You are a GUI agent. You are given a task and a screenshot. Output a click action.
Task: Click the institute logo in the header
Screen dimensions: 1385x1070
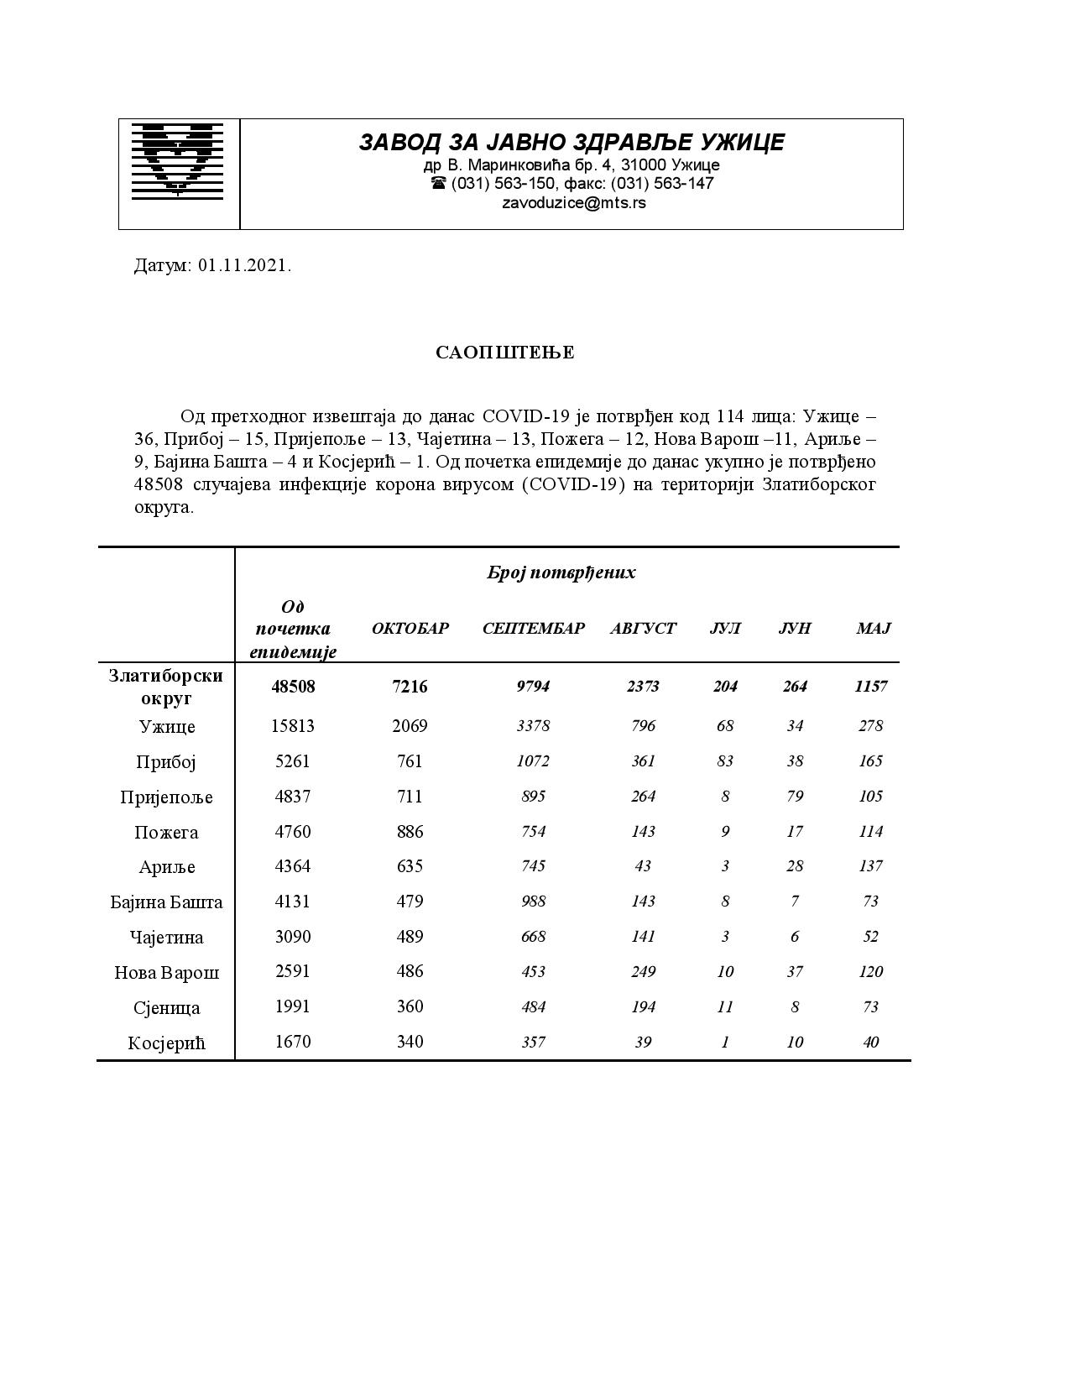(x=178, y=161)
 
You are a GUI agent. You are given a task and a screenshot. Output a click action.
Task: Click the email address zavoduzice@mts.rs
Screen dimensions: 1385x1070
(x=573, y=203)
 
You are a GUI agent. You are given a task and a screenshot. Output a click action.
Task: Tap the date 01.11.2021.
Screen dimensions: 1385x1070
(x=245, y=266)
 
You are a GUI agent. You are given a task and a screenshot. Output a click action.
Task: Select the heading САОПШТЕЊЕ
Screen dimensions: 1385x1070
(x=504, y=353)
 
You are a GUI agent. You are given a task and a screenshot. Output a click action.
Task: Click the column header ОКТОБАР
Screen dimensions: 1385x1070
(x=410, y=629)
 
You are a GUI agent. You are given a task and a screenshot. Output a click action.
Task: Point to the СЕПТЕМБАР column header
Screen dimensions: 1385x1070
(x=533, y=629)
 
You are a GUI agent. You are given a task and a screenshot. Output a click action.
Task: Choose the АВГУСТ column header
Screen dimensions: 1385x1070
(x=643, y=629)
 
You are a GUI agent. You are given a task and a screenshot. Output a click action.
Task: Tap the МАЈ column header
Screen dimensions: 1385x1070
(x=873, y=629)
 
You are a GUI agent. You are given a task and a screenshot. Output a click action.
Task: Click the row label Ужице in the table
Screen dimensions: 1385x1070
(x=167, y=727)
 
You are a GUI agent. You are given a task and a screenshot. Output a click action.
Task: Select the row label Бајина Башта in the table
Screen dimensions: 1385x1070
(x=167, y=902)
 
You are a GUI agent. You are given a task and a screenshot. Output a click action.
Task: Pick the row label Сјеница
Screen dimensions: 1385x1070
(x=167, y=1008)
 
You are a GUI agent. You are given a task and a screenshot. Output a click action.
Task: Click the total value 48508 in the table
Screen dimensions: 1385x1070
(x=293, y=687)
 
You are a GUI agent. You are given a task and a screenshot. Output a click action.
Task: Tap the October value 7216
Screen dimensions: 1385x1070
(x=410, y=687)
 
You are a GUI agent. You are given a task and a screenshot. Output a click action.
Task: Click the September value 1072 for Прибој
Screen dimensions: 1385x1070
(x=533, y=761)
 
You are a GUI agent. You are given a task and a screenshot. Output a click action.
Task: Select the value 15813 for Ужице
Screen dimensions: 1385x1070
(x=293, y=726)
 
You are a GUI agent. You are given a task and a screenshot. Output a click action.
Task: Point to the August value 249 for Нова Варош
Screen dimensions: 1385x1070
(x=643, y=972)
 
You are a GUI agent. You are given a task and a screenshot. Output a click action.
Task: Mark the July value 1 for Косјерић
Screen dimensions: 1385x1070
(x=725, y=1043)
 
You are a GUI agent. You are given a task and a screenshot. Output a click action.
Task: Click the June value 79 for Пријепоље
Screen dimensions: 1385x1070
(x=795, y=797)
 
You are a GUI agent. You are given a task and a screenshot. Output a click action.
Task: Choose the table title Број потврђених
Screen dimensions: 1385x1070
(x=561, y=572)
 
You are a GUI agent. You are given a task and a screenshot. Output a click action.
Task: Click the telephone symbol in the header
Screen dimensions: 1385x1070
(x=438, y=183)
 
